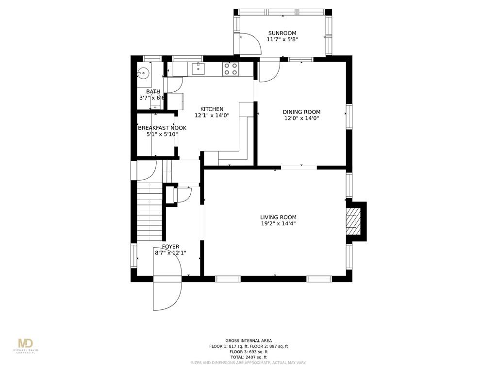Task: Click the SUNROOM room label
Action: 282,34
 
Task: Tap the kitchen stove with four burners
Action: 230,69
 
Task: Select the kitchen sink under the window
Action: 198,69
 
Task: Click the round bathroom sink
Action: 143,74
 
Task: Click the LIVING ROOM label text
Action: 278,218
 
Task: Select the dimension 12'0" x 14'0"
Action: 301,118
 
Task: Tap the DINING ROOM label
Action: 301,112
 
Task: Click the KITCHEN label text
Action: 212,109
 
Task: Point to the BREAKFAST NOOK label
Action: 162,128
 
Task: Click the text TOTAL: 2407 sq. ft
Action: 248,357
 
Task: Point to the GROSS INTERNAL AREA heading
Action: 248,340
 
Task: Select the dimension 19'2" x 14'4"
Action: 278,224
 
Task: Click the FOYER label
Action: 170,247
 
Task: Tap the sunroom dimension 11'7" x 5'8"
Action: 282,40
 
